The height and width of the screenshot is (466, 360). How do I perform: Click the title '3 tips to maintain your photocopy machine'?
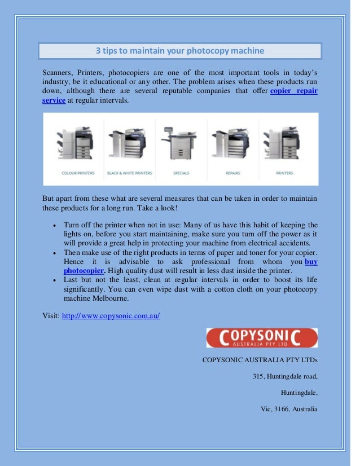[x=179, y=51]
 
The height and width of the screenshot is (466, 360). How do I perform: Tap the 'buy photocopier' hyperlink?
[x=310, y=262]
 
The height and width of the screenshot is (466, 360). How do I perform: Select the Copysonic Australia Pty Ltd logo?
[x=262, y=338]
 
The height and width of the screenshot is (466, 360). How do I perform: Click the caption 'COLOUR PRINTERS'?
[x=78, y=173]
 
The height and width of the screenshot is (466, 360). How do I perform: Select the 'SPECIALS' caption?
[x=181, y=173]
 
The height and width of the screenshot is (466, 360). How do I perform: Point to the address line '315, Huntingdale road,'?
[x=285, y=376]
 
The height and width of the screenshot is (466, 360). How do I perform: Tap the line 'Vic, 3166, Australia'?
[x=285, y=409]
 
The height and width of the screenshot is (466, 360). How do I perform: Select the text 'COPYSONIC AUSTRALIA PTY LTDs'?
[x=260, y=359]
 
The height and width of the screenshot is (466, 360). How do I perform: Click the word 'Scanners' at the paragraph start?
[x=58, y=73]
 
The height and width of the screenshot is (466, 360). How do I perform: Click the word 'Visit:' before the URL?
[x=51, y=315]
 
